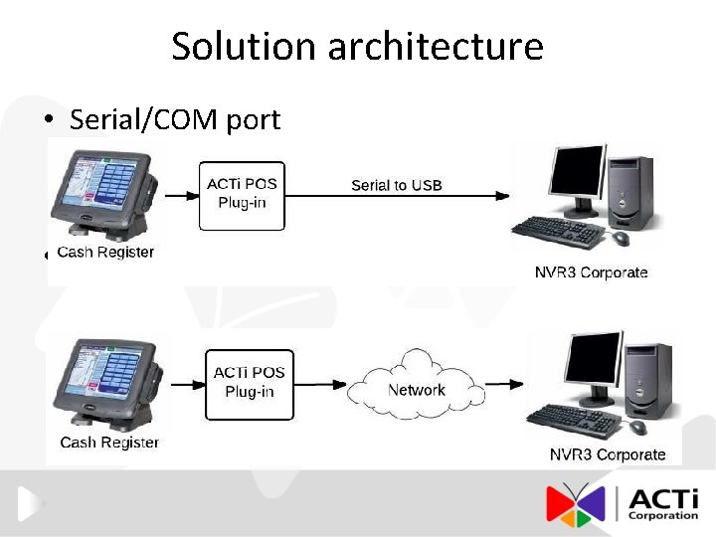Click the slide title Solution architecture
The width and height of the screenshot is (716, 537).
pyautogui.click(x=357, y=46)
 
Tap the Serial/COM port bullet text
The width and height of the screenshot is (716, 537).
pyautogui.click(x=175, y=120)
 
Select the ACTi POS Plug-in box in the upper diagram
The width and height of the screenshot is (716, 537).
pyautogui.click(x=242, y=195)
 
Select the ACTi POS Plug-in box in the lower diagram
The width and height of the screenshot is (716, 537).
pyautogui.click(x=249, y=383)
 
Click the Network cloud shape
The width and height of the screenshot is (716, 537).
pyautogui.click(x=416, y=389)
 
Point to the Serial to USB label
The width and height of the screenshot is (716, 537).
pyautogui.click(x=396, y=185)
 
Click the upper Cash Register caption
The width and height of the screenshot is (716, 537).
pyautogui.click(x=105, y=253)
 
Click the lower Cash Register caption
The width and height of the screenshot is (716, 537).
pyautogui.click(x=109, y=442)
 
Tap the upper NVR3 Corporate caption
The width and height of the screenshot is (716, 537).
pyautogui.click(x=591, y=272)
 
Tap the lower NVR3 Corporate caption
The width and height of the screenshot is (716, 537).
pyautogui.click(x=608, y=454)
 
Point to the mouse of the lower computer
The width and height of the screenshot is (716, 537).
pyautogui.click(x=637, y=428)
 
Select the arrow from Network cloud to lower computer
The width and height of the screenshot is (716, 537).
pyautogui.click(x=503, y=385)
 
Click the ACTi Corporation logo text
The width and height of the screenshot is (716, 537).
pyautogui.click(x=662, y=503)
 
